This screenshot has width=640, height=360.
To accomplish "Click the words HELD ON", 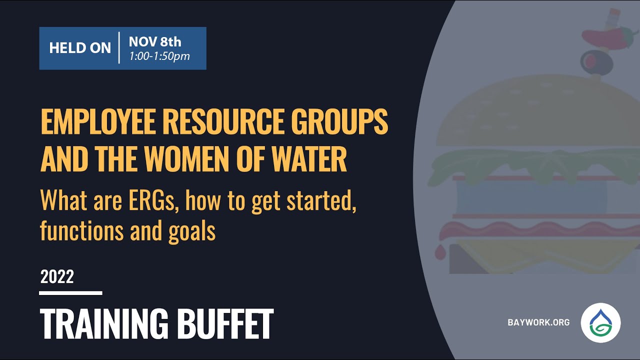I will (x=80, y=48).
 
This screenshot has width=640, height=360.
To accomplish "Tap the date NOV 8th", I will (x=155, y=41).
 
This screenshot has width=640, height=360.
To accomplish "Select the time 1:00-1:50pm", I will (x=159, y=56).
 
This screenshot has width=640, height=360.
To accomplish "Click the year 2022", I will (x=57, y=276).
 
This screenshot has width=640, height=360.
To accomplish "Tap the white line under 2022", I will (x=70, y=293).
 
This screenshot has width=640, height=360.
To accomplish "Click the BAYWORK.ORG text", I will (x=538, y=322).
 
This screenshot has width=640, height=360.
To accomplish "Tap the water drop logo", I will (x=600, y=323).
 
